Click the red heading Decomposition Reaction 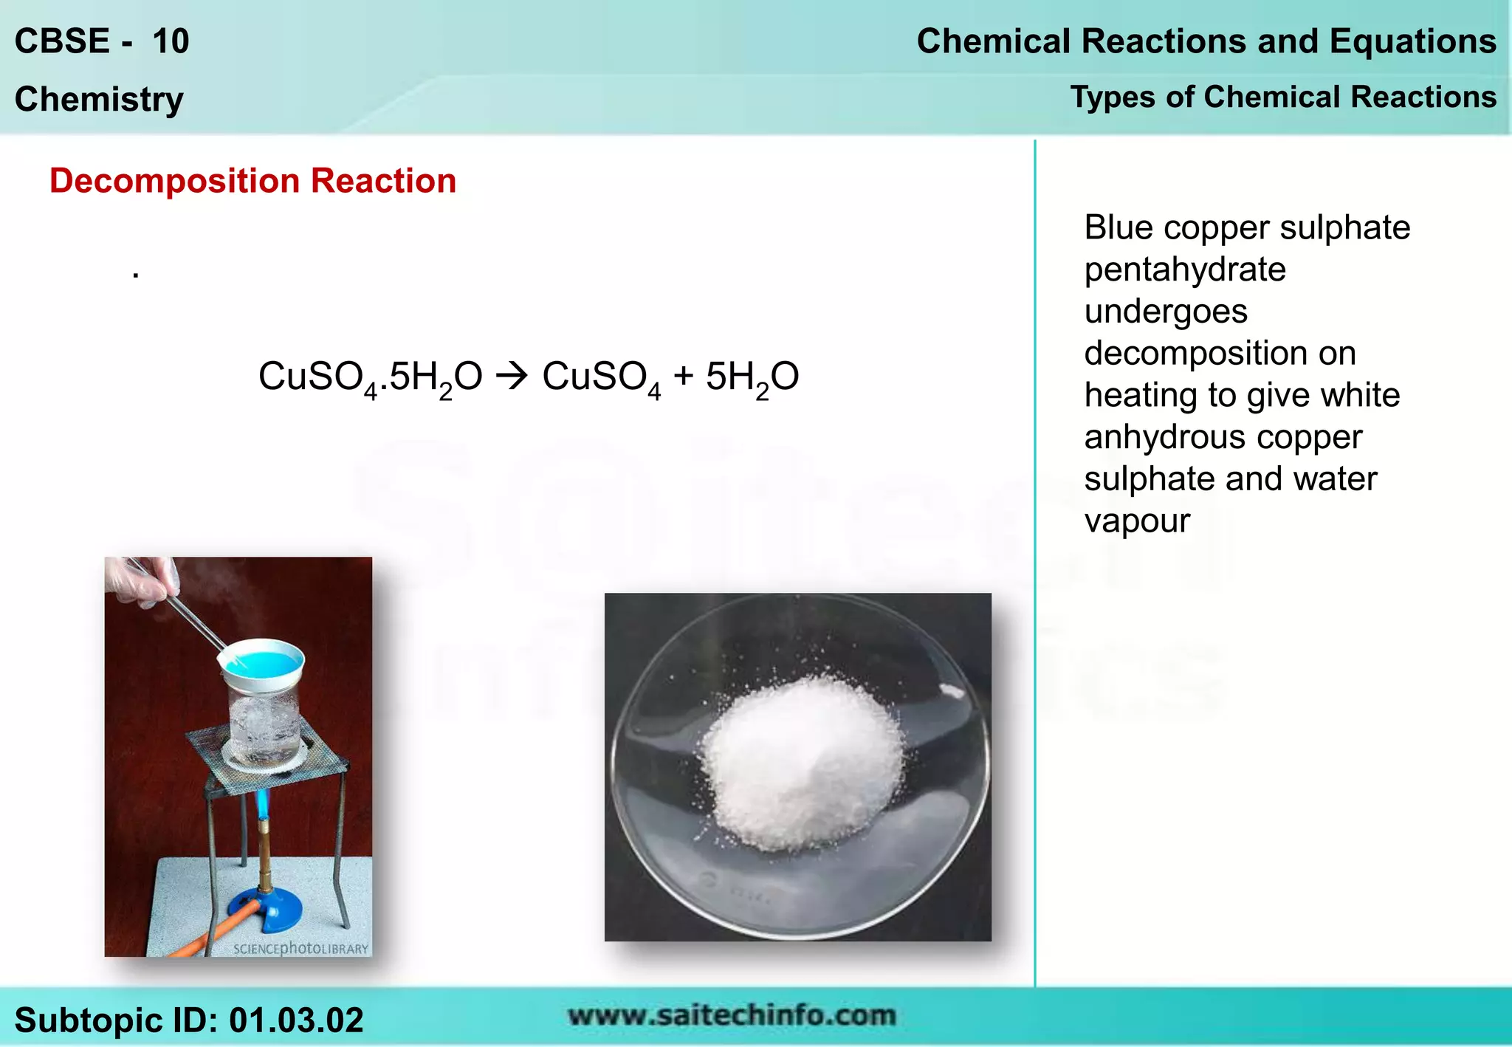(252, 181)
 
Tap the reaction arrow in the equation (512, 377)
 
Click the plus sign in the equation (683, 375)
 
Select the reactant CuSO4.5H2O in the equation (370, 377)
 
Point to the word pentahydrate (1184, 270)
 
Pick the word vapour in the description (1137, 521)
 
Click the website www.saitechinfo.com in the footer (731, 1016)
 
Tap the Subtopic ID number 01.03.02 (296, 1020)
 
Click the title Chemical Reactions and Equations (1206, 41)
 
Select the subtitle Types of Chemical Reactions (1283, 97)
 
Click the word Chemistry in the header (99, 100)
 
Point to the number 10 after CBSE (171, 41)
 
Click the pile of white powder (801, 761)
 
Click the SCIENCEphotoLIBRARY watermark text (300, 948)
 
